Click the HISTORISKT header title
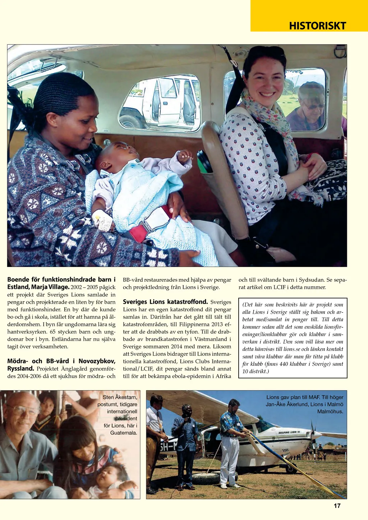pyautogui.click(x=317, y=26)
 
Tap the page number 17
pyautogui.click(x=337, y=506)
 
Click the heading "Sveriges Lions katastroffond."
pyautogui.click(x=165, y=302)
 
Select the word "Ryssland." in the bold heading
pyautogui.click(x=20, y=369)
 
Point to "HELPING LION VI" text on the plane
pyautogui.click(x=289, y=432)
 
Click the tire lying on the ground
pyautogui.click(x=207, y=478)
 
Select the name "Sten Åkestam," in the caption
pyautogui.click(x=120, y=397)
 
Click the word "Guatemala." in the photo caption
pyautogui.click(x=124, y=433)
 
